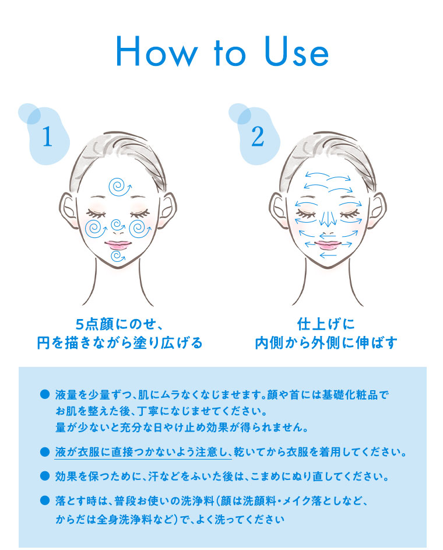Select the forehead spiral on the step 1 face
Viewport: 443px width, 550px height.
coord(119,187)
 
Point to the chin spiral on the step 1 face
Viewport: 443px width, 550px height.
coord(118,257)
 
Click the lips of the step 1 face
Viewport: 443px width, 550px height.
coord(118,245)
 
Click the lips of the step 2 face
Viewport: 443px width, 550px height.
coord(328,244)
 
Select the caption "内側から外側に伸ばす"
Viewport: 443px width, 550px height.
coord(326,343)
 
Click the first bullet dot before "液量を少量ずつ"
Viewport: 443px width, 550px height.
coord(43,395)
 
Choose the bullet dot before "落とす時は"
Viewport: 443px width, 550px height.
coord(43,500)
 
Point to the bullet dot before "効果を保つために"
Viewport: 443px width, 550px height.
coord(43,476)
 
